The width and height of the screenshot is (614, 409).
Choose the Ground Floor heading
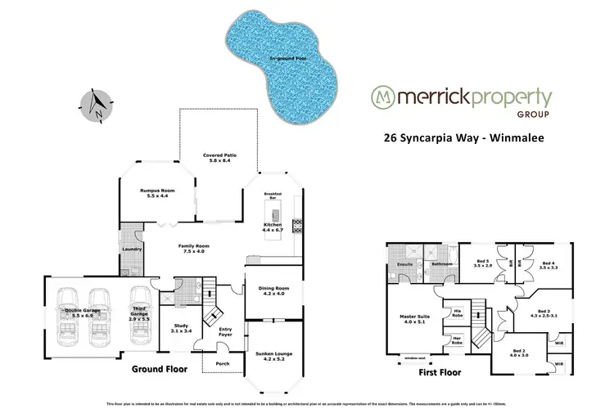(x=160, y=370)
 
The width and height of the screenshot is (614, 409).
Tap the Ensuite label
(x=404, y=265)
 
